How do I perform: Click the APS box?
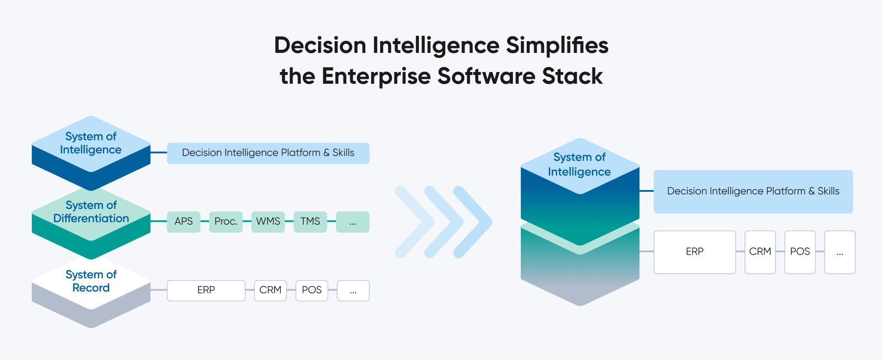(x=184, y=222)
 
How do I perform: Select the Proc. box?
(x=226, y=222)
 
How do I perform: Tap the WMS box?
(x=268, y=222)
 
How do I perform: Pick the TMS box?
(x=310, y=222)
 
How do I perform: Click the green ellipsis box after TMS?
(x=353, y=222)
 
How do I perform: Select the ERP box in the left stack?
(x=206, y=290)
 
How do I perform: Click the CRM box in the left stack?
(x=270, y=290)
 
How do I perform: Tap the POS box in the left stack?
(x=312, y=290)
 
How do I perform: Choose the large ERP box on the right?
(x=694, y=252)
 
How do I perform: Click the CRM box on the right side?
(x=760, y=252)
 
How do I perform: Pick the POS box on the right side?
(x=800, y=252)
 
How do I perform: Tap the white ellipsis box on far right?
(x=840, y=252)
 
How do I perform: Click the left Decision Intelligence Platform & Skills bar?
(x=268, y=153)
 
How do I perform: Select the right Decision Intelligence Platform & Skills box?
(x=753, y=192)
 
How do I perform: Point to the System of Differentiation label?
(x=91, y=212)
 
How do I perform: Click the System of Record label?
(x=91, y=281)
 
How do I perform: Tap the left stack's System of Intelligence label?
(x=91, y=143)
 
